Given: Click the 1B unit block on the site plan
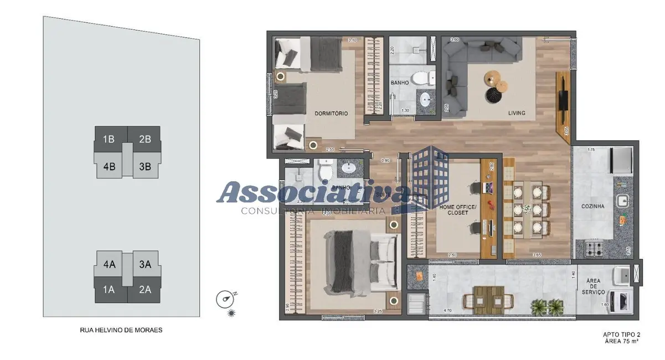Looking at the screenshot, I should click(x=109, y=139).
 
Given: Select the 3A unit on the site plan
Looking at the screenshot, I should click(x=145, y=264).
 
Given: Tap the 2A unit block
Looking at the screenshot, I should click(x=145, y=289).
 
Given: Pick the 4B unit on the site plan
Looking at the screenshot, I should click(x=109, y=164).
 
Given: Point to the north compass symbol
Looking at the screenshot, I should click(x=225, y=300).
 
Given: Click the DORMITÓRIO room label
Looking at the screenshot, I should click(x=331, y=114).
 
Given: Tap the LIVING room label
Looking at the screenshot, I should click(x=517, y=114).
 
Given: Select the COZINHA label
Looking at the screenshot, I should click(x=592, y=207).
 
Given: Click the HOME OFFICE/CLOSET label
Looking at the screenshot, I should click(x=454, y=209).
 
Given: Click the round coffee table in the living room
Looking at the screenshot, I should click(x=493, y=79).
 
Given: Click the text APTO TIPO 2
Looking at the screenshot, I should click(x=622, y=335).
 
